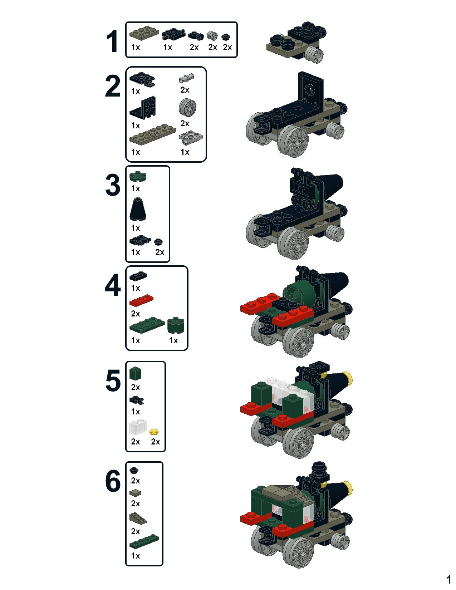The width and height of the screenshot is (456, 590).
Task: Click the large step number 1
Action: pos(112,41)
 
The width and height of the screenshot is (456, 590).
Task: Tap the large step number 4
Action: pos(113,285)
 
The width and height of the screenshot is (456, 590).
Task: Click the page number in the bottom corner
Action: pos(448,580)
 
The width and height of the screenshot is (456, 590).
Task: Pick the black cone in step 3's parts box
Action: pos(138,209)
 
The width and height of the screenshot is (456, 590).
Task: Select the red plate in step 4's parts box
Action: pos(141,301)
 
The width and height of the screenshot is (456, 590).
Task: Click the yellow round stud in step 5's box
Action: pos(154,432)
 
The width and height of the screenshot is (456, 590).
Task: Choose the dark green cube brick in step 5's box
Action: pos(136,373)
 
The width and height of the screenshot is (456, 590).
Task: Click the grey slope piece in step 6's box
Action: pos(138,518)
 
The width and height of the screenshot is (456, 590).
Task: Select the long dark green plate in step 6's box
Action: pos(144,541)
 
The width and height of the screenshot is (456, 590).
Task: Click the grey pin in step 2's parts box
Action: pos(186,78)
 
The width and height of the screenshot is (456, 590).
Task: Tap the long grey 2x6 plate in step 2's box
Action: pos(153,135)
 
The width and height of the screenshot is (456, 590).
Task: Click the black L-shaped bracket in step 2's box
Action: pos(143,107)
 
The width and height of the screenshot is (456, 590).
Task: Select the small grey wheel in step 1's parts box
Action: pos(212,35)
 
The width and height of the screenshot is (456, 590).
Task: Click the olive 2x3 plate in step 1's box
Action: pos(144,33)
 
